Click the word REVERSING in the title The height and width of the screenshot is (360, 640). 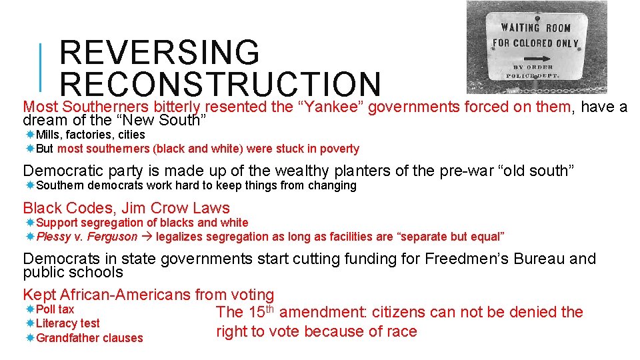pyautogui.click(x=159, y=53)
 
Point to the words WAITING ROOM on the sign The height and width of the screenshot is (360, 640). pyautogui.click(x=535, y=27)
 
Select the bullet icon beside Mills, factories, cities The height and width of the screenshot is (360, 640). pyautogui.click(x=30, y=135)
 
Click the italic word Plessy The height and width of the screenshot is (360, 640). pyautogui.click(x=54, y=237)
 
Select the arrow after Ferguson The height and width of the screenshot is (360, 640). pyautogui.click(x=147, y=237)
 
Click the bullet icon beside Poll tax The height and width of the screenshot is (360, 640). pyautogui.click(x=30, y=310)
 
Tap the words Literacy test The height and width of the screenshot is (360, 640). pyautogui.click(x=67, y=323)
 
